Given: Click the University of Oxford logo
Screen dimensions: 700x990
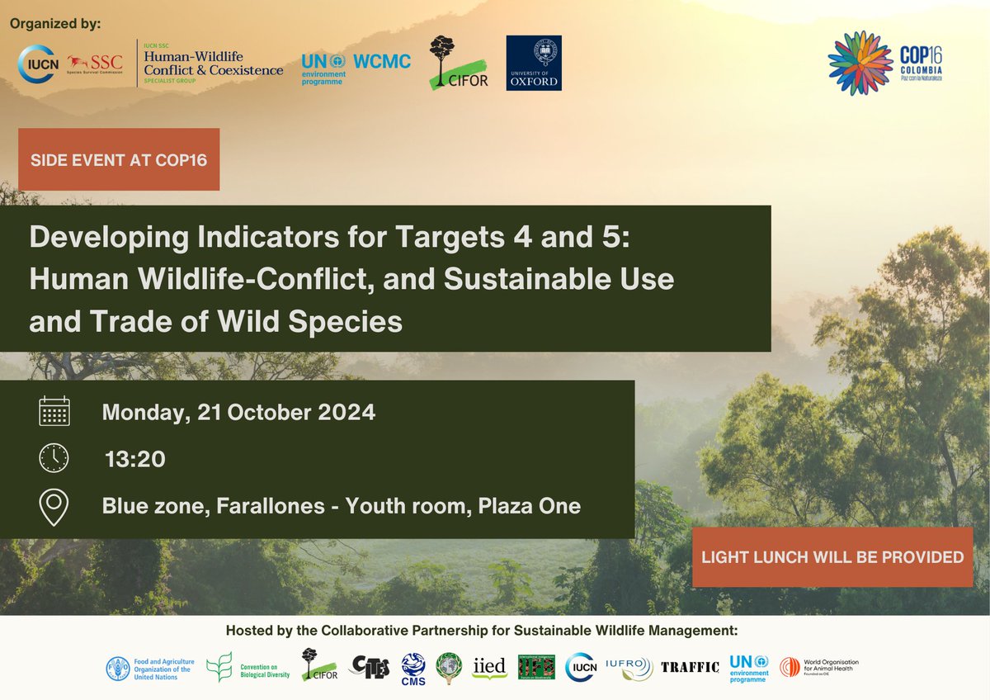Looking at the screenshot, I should [533, 63].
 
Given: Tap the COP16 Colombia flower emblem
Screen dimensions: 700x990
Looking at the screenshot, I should [860, 64].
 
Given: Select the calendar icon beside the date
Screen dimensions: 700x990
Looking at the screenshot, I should [54, 411].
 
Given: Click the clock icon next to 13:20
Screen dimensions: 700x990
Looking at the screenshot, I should [54, 458].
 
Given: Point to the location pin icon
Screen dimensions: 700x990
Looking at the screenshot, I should [54, 507].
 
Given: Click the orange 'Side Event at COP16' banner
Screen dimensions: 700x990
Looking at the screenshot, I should [119, 159].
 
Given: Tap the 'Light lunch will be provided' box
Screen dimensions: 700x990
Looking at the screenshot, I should [832, 557].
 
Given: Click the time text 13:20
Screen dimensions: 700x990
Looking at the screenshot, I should [134, 459].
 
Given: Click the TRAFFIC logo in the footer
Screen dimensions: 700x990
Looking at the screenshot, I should [690, 667].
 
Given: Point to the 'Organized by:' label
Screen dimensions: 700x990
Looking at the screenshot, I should [55, 23].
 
